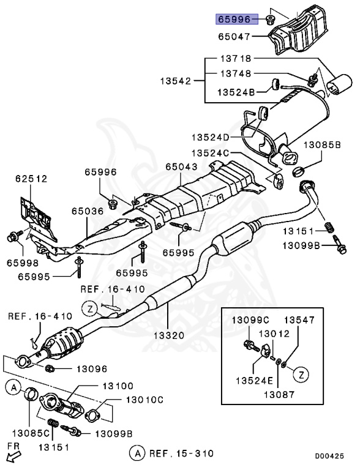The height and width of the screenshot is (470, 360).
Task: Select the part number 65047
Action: point(233,37)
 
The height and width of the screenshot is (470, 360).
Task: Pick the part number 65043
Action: point(182,166)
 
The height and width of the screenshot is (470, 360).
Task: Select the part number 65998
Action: point(23,263)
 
